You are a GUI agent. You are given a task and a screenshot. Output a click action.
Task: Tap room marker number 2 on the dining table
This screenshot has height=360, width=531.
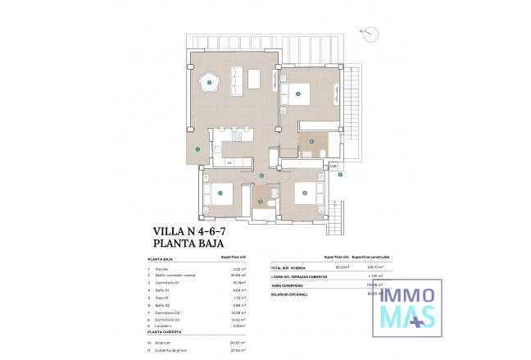point(210,82)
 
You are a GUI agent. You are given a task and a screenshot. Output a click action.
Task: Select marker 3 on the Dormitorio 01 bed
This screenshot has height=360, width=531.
point(298,93)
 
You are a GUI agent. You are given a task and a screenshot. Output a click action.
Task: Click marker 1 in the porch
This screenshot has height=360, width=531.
point(197,148)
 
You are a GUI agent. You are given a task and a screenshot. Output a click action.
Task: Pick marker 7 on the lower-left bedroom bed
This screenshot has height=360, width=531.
point(220,193)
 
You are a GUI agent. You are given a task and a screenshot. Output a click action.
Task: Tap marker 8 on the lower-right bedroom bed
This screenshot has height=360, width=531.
point(304,194)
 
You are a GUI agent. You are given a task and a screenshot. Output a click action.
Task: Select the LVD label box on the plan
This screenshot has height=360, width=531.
point(334,166)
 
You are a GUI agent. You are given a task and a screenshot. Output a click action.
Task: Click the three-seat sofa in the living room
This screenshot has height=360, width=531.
point(235,79)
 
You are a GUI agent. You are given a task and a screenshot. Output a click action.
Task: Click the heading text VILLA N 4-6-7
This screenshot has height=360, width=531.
point(189,232)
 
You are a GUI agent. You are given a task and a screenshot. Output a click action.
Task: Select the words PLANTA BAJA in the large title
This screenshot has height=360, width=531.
point(185,244)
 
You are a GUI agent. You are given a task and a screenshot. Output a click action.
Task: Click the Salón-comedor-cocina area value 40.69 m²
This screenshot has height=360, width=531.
point(240,275)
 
